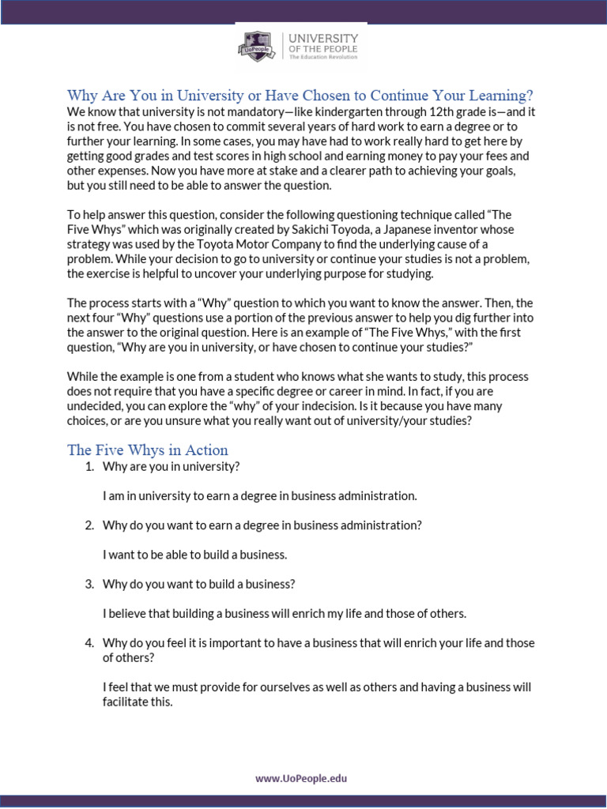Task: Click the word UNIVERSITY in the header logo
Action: [x=322, y=38]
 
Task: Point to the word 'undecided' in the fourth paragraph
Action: [x=92, y=406]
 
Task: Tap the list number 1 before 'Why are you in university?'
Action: [x=88, y=466]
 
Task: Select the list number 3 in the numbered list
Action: [x=88, y=584]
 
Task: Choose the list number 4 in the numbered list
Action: [x=88, y=643]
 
